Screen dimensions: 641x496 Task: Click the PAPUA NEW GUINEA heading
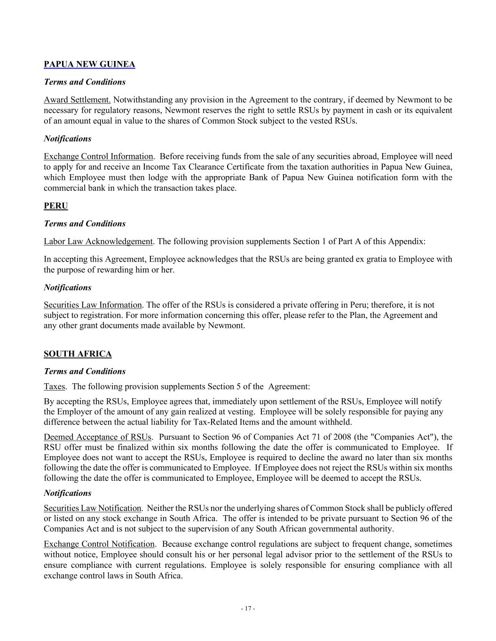pos(89,64)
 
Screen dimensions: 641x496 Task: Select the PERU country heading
pos(55,206)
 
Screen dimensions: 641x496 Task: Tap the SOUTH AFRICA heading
pos(78,354)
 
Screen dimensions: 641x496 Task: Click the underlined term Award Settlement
pos(77,100)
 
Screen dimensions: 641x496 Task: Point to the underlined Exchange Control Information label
pos(98,156)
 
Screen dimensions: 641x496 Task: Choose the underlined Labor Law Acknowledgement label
pos(98,241)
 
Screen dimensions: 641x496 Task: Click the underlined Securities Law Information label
pos(93,305)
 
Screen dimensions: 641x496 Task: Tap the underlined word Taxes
pos(54,386)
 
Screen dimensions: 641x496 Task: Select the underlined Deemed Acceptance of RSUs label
pos(98,437)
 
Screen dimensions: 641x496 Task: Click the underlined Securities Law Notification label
pos(92,508)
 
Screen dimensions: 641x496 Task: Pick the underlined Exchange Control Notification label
pos(99,544)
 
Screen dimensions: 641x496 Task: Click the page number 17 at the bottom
pos(248,609)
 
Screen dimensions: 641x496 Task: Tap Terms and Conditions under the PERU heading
pos(85,224)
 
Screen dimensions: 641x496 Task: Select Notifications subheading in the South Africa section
pos(67,493)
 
